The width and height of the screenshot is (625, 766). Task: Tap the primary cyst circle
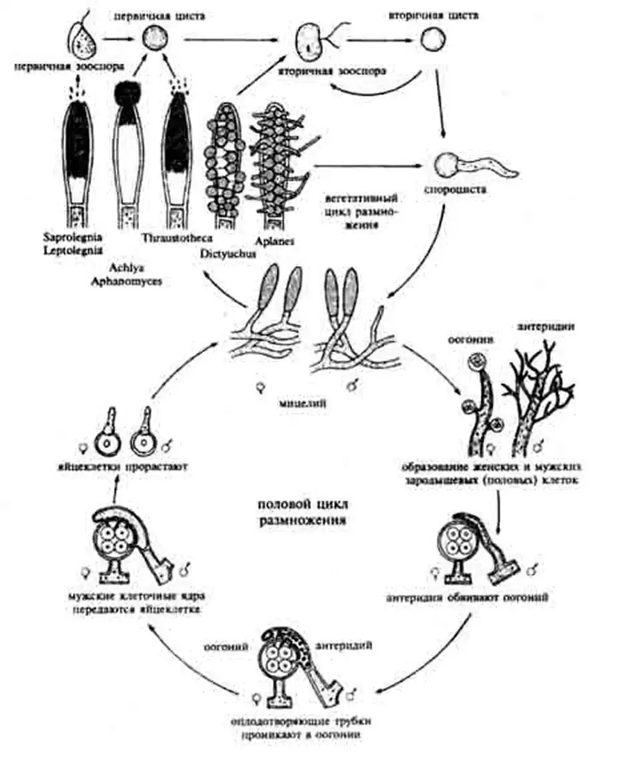point(153,39)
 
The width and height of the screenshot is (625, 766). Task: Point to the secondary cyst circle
point(432,40)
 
